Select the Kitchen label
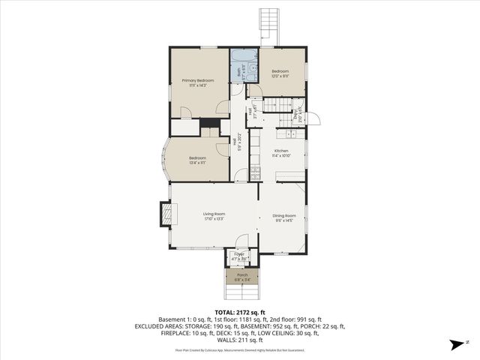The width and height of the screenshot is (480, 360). point(281,151)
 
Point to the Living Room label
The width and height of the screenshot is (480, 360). point(214,214)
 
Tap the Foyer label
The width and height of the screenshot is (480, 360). point(239,254)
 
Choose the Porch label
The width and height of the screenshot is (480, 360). point(242,274)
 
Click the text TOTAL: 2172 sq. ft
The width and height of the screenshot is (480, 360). point(239,312)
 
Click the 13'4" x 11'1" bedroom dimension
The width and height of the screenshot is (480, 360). point(197,162)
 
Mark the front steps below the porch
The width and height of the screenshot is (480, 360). point(242,289)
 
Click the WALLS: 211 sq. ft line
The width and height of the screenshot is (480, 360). point(239,339)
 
